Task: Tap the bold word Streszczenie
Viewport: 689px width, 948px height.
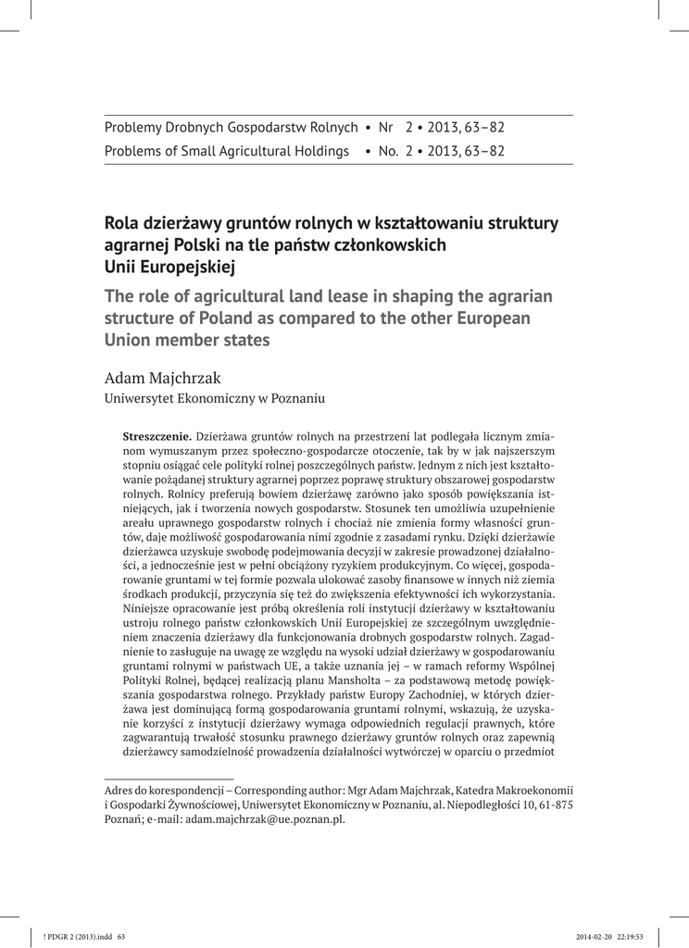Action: coord(157,435)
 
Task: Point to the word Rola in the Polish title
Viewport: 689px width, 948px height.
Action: coord(123,224)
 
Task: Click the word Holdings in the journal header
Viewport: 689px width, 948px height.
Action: coord(319,151)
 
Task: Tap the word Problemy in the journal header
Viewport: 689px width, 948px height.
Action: coord(133,127)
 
